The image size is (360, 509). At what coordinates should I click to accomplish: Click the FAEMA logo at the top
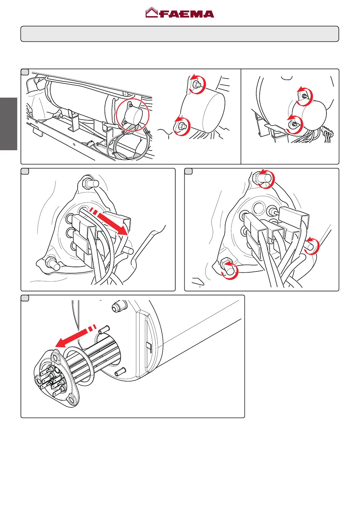point(180,13)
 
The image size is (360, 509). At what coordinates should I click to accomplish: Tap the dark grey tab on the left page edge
point(8,124)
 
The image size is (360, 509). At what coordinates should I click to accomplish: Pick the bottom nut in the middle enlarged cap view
point(181,125)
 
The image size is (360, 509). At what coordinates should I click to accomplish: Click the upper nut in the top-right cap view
point(305,96)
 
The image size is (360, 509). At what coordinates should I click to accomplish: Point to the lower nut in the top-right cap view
point(294,124)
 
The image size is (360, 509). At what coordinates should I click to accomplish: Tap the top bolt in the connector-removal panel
point(90,182)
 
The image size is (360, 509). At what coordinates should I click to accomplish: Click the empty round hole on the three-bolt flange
point(259,208)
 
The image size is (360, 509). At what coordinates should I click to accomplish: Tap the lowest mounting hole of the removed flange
point(71,400)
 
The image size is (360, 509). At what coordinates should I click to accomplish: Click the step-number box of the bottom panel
point(25,298)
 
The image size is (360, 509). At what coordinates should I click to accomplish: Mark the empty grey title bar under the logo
point(180,34)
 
